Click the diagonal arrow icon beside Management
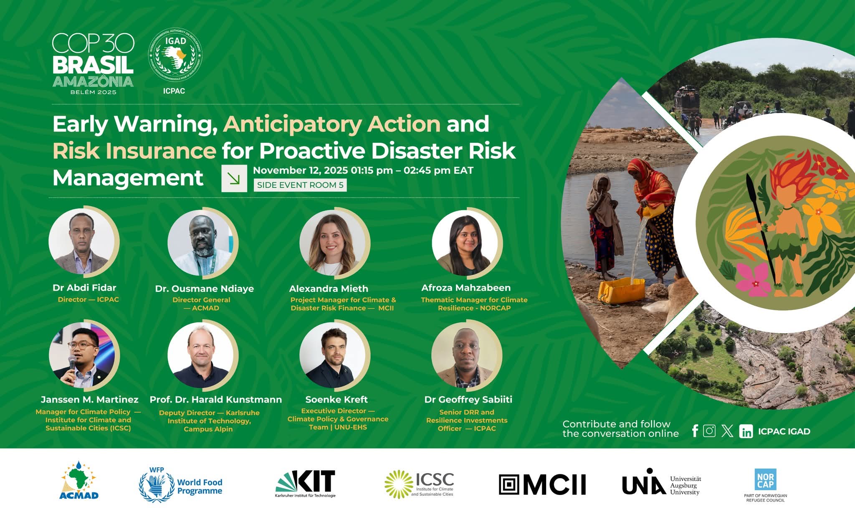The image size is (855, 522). click(234, 179)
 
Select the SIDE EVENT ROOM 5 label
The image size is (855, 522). click(300, 185)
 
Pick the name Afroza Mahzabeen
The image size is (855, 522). click(466, 288)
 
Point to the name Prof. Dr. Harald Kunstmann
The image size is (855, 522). click(215, 400)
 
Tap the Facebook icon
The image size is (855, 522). click(695, 431)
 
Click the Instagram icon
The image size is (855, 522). click(709, 431)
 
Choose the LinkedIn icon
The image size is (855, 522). click(746, 431)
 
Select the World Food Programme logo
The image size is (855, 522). click(180, 485)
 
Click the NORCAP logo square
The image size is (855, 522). click(765, 479)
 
